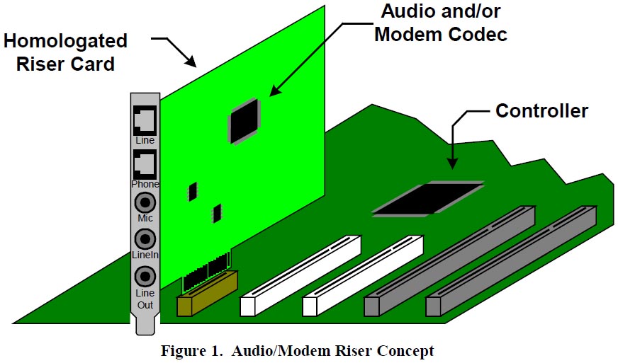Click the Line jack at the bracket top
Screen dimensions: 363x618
(x=145, y=121)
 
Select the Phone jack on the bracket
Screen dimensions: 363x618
(x=145, y=165)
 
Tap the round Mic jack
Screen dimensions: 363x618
(x=145, y=202)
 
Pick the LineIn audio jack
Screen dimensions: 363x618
(x=145, y=238)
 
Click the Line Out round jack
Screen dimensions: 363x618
(x=145, y=275)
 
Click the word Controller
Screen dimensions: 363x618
(x=541, y=111)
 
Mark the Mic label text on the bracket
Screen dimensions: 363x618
(x=145, y=219)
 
